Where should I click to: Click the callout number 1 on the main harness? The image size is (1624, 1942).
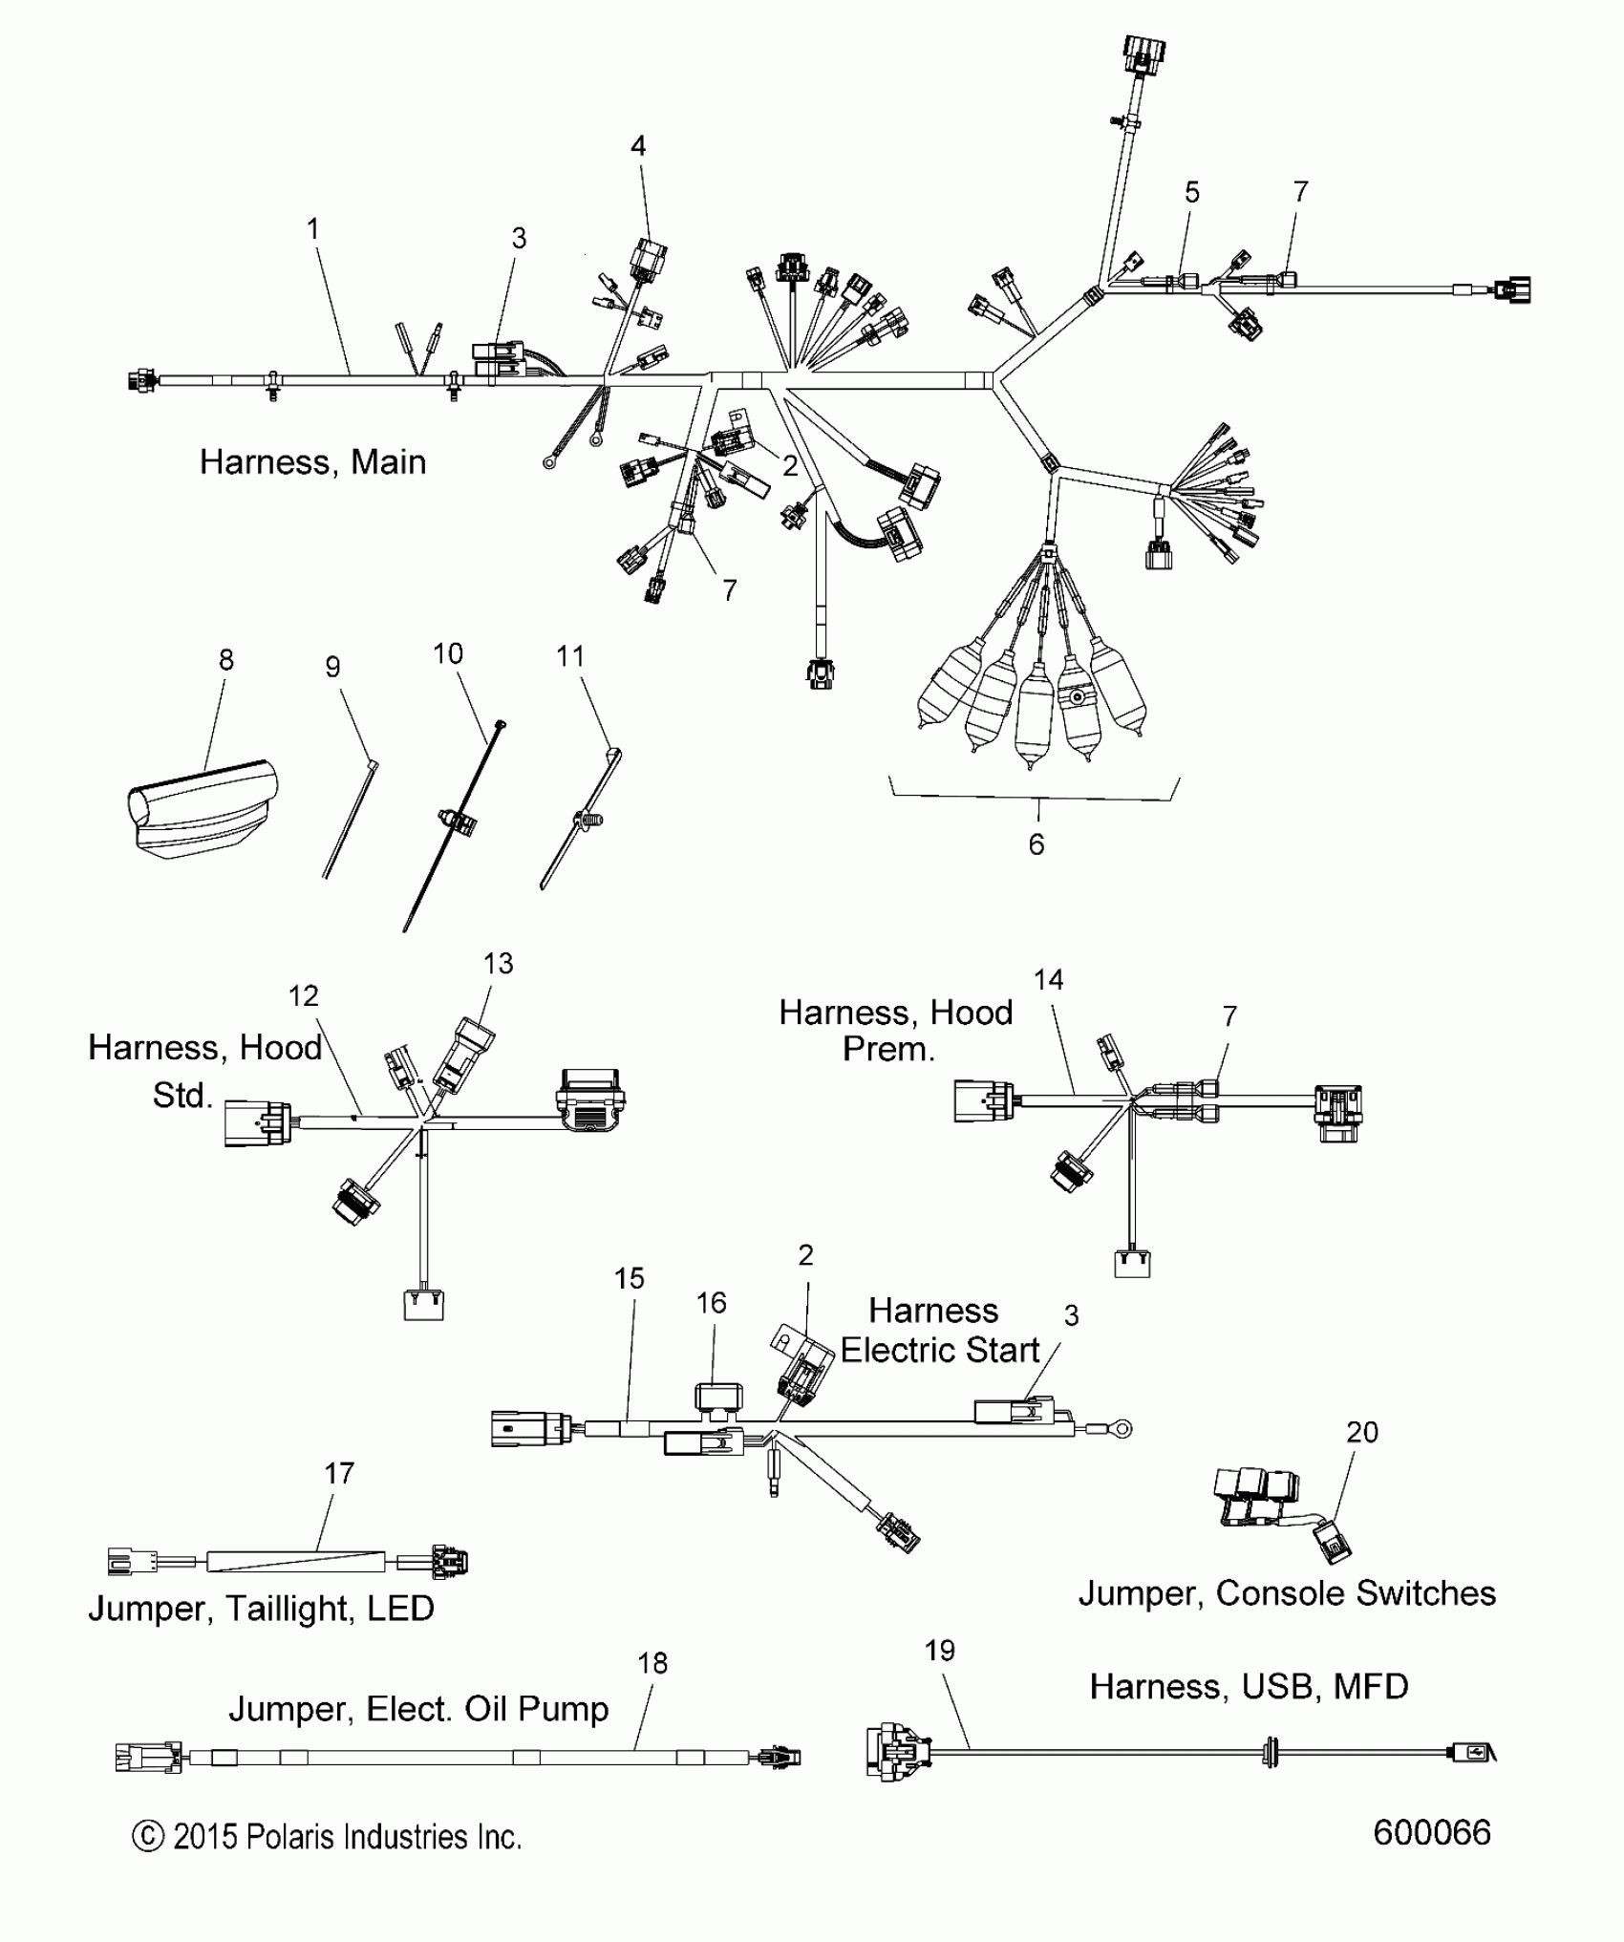[312, 229]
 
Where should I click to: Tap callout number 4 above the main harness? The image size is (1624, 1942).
[638, 146]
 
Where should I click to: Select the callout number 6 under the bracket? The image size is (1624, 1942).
[1036, 844]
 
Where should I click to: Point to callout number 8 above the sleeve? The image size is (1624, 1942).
[226, 660]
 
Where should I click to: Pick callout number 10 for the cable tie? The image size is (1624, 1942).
[448, 654]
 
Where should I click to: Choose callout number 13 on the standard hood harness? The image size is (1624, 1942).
[499, 964]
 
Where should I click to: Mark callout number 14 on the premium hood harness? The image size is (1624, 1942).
[1048, 979]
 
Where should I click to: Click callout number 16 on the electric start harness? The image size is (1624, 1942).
[712, 1303]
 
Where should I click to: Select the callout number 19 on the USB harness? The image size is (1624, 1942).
[940, 1650]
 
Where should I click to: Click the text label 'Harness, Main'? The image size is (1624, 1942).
[312, 462]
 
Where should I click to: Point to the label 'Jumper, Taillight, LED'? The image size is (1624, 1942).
[261, 1609]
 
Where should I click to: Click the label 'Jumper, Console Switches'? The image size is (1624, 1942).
[1287, 1593]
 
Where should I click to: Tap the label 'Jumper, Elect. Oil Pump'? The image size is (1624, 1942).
[418, 1709]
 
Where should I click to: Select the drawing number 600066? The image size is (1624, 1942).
[1431, 1832]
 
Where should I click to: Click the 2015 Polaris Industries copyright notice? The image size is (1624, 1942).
[327, 1837]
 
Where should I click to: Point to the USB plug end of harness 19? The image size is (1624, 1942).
[1472, 1752]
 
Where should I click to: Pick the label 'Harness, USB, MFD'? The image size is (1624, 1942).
[1249, 1687]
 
